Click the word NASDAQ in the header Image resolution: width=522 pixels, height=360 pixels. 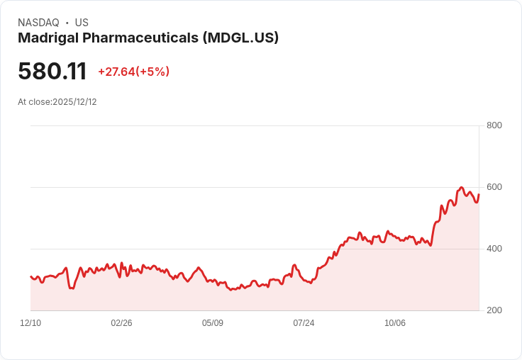(x=38, y=23)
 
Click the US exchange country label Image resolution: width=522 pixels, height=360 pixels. (x=82, y=23)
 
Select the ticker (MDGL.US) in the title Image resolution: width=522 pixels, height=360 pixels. (x=240, y=38)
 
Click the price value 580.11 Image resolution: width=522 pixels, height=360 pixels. (x=52, y=72)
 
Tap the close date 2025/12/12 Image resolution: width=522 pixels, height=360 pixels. (x=74, y=102)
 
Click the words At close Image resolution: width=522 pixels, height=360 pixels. (x=34, y=102)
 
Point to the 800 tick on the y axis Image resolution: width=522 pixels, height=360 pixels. (x=494, y=126)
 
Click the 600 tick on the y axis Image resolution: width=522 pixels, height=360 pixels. (x=494, y=187)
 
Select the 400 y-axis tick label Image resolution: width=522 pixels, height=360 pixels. (x=494, y=249)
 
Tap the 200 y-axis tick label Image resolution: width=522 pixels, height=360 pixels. (x=494, y=310)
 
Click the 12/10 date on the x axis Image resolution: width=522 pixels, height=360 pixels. (x=30, y=323)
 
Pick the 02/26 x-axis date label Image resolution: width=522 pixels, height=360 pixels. (x=121, y=323)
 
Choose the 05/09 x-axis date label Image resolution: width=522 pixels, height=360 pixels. (x=213, y=323)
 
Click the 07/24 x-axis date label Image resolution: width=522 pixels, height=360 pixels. (x=304, y=323)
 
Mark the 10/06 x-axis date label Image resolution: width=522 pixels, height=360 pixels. (x=395, y=323)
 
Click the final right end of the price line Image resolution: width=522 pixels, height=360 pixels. (x=479, y=194)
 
